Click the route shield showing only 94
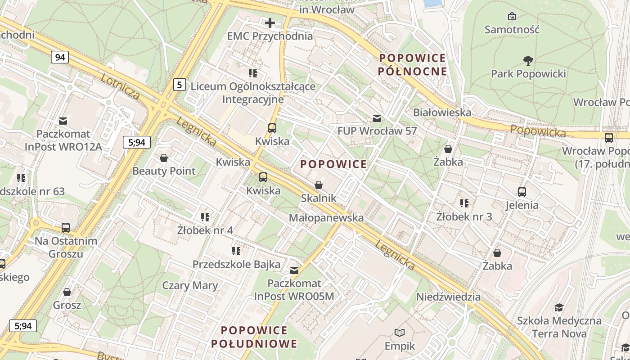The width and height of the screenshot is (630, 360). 59,57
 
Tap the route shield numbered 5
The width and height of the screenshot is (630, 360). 180,84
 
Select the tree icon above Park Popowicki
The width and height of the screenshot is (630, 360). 528,60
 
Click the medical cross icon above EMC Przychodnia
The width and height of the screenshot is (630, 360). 270,23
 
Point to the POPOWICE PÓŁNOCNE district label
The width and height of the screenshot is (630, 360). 412,65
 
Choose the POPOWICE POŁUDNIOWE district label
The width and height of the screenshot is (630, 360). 254,337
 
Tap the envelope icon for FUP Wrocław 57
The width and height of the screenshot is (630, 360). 377,118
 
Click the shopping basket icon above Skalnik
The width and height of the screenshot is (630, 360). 319,185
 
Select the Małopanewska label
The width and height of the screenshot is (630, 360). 326,218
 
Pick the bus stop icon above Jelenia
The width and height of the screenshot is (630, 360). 522,192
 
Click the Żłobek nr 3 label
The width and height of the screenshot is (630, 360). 464,216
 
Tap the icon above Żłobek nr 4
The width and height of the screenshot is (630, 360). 205,217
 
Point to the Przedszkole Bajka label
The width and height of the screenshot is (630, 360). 236,264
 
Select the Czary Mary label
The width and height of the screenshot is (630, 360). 190,285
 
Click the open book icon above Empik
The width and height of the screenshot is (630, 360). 400,333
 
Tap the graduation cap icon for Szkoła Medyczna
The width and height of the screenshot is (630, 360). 559,307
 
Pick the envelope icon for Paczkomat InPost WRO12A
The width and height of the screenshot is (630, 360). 63,121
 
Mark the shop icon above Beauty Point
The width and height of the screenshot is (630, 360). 164,158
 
